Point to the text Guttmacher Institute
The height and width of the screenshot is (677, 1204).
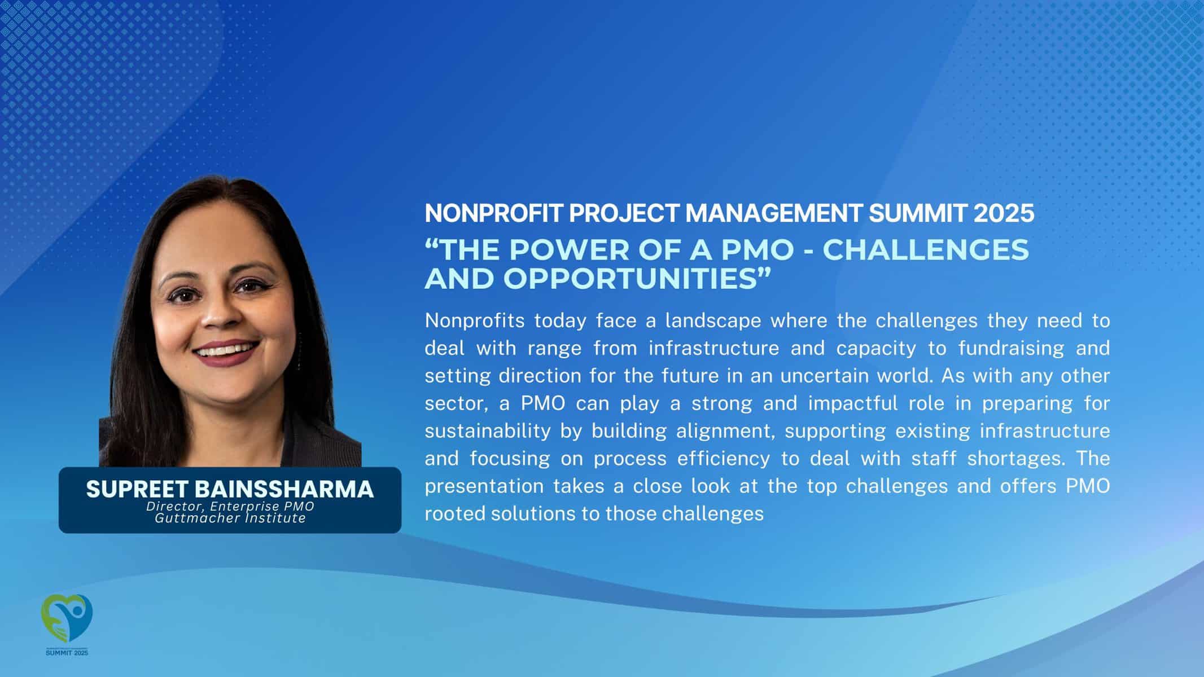coord(230,518)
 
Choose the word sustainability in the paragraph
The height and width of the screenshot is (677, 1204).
coord(488,431)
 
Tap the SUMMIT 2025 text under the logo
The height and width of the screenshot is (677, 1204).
coord(67,653)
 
